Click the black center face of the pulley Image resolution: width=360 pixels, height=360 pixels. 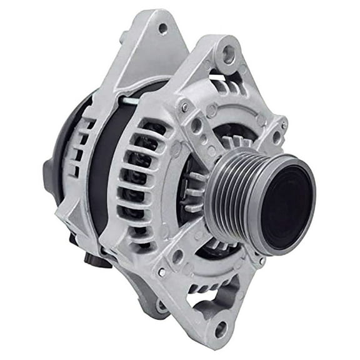[287, 204]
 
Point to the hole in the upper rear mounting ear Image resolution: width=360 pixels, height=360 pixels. [162, 28]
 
